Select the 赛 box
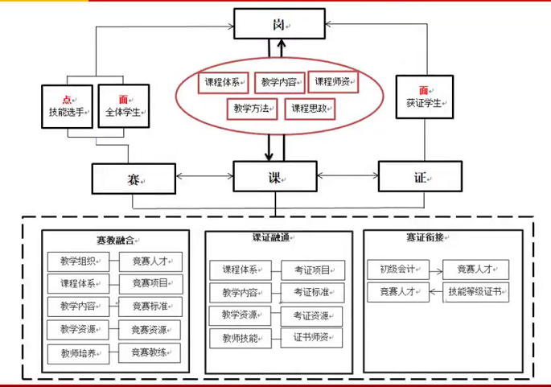pyautogui.click(x=134, y=179)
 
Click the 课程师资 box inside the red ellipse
pyautogui.click(x=332, y=81)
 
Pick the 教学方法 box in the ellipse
pyautogui.click(x=251, y=108)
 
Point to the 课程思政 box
pyautogui.click(x=310, y=108)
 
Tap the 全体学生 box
pyautogui.click(x=123, y=105)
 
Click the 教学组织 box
pyautogui.click(x=77, y=261)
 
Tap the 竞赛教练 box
pyautogui.click(x=150, y=352)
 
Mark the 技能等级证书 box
pyautogui.click(x=477, y=291)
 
